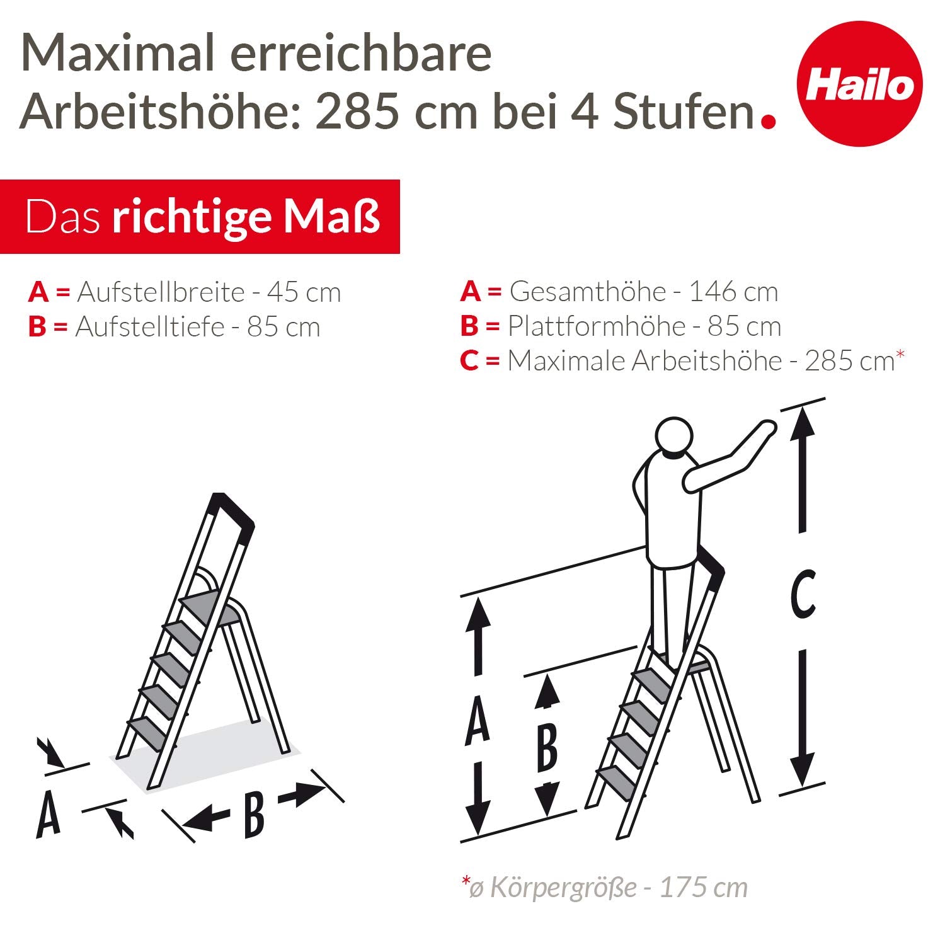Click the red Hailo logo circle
[x=859, y=84]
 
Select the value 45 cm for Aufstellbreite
[x=304, y=292]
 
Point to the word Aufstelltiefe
[x=149, y=327]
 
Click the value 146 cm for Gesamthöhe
[x=733, y=292]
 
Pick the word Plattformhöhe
[x=596, y=326]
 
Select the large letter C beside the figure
[x=803, y=593]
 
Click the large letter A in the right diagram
[x=477, y=720]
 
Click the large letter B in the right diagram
[x=546, y=748]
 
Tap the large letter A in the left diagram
[x=48, y=814]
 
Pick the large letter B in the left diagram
[x=253, y=815]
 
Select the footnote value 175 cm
[x=703, y=888]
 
